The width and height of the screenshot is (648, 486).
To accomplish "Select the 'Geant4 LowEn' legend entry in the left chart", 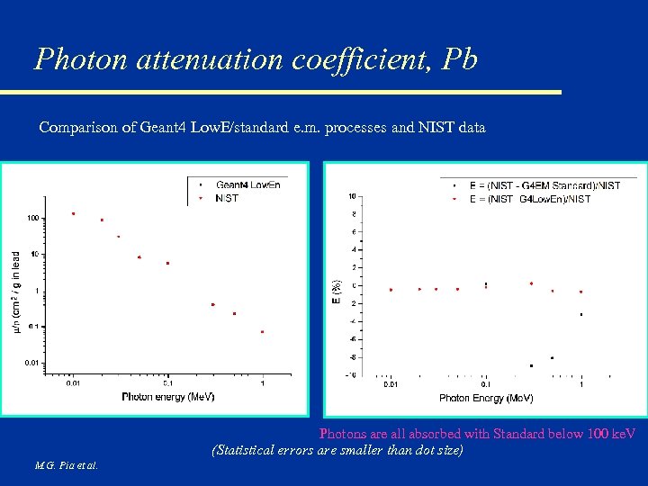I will pos(248,185).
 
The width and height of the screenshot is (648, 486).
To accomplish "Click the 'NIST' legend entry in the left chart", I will pos(227,198).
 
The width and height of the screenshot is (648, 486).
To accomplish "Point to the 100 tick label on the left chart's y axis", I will pos(33,218).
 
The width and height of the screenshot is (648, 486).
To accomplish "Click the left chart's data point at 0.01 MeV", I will pos(73,214).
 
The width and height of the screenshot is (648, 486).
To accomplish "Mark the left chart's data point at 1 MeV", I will pos(263,332).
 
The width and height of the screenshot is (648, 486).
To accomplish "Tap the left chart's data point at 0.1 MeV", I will pos(167,263).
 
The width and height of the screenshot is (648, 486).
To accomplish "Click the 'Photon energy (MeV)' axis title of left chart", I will pos(167,396).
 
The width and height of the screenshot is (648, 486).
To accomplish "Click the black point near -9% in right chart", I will pos(531,365).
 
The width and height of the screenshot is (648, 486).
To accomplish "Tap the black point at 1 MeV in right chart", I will pos(581,314).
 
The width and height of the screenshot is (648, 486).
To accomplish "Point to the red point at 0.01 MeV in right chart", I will pos(391,290).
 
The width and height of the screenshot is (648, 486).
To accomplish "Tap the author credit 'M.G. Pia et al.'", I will pos(67,465).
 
